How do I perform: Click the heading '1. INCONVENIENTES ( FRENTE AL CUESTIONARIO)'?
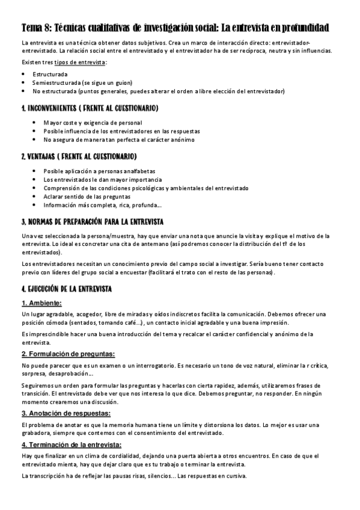pos(90,108)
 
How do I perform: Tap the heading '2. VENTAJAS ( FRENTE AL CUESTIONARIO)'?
pos(79,157)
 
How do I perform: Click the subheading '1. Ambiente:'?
pos(41,303)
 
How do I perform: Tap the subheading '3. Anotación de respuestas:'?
pos(66,413)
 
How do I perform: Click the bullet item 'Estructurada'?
pos(50,75)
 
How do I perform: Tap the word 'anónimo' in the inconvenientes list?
pos(179,140)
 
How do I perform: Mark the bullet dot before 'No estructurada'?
pos(23,91)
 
